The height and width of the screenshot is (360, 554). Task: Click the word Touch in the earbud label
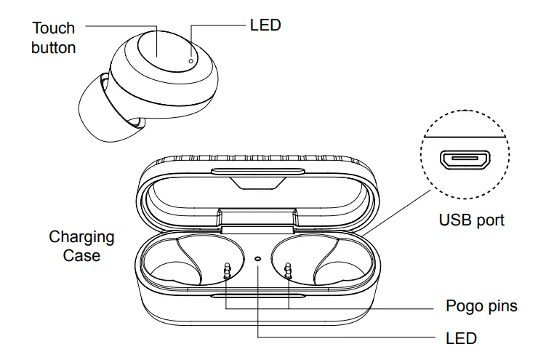[x=54, y=28]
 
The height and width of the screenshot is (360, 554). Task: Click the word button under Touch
[x=54, y=48]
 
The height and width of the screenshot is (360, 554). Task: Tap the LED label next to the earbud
[x=265, y=25]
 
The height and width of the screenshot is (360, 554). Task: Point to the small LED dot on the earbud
[x=190, y=61]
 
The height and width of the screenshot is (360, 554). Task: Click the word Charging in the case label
[x=81, y=237]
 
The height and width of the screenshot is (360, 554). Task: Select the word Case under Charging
[x=81, y=256]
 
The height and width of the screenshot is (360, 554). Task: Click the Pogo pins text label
[x=481, y=305]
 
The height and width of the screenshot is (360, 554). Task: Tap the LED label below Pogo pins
[x=460, y=338]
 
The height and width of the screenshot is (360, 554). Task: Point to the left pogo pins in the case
[x=227, y=271]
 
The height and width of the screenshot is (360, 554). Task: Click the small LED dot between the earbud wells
[x=259, y=259]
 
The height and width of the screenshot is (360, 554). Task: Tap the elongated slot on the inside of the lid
[x=257, y=172]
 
